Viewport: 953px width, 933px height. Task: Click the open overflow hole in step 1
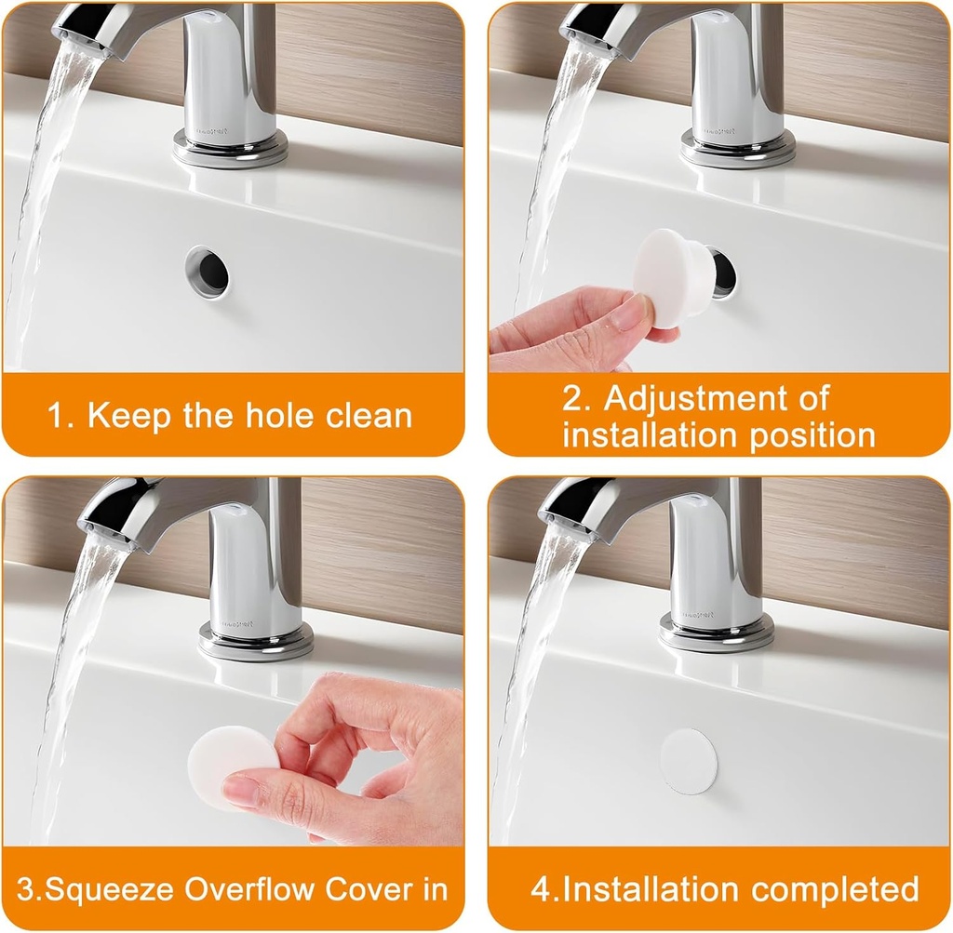point(208,271)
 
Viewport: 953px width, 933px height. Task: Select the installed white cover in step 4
point(689,761)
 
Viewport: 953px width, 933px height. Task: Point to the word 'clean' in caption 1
point(369,415)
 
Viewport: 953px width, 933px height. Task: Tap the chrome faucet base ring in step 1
point(230,149)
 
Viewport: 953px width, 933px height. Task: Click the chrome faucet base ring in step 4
point(716,632)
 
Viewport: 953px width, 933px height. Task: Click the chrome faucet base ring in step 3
point(255,641)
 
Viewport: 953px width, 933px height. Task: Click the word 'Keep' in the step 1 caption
point(129,415)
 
